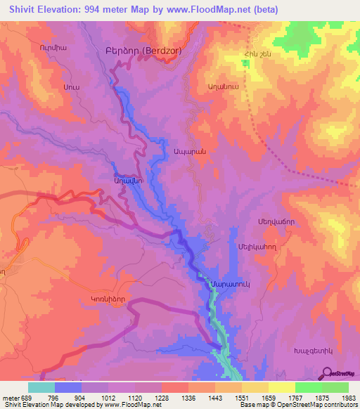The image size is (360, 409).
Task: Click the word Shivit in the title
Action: tap(25, 10)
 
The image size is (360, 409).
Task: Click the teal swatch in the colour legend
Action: tap(41, 387)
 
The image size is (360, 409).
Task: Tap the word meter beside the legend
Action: tap(11, 397)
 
